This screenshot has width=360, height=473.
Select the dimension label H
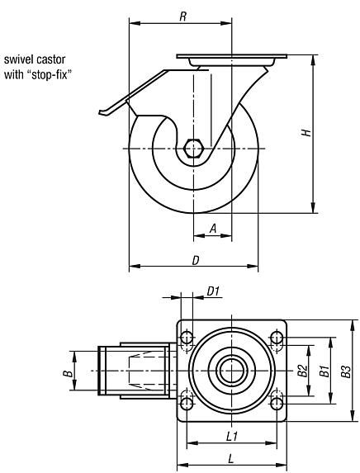click(306, 133)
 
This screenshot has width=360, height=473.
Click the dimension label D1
click(212, 291)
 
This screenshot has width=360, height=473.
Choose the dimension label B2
click(302, 370)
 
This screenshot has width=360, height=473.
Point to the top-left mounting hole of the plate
click(187, 338)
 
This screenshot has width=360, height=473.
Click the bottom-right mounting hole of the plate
click(277, 403)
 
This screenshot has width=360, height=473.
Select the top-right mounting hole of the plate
click(277, 338)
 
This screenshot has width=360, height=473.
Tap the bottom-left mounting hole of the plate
click(187, 403)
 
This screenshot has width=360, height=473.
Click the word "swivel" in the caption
click(19, 59)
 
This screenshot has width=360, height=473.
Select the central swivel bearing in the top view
click(232, 371)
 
